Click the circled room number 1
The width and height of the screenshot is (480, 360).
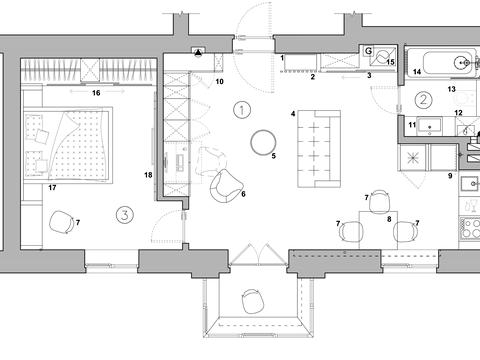242,110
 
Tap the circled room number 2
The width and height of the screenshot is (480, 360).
423,99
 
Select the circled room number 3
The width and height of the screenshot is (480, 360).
125,215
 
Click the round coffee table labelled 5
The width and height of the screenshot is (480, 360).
263,142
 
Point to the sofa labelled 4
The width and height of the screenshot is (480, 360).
319,148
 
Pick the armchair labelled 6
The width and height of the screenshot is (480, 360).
224,187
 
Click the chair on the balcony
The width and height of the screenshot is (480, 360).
253,301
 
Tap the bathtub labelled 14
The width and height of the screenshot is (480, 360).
440,63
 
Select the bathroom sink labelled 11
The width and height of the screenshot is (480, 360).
430,126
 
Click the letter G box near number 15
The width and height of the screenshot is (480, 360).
368,51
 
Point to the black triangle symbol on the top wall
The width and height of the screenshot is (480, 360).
198,52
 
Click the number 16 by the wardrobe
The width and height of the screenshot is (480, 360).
96,93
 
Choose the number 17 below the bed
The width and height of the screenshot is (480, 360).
52,188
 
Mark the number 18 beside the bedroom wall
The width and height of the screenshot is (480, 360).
148,175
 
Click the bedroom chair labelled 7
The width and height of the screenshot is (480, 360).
61,222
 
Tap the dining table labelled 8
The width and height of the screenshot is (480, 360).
378,230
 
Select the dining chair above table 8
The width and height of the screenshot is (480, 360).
380,201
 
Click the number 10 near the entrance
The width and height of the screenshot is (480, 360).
219,81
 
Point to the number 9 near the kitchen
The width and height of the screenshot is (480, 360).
450,176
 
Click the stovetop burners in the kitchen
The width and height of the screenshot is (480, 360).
470,228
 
